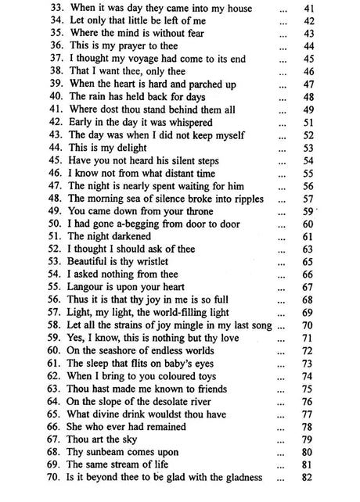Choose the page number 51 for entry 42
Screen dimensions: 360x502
pos(330,122)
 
